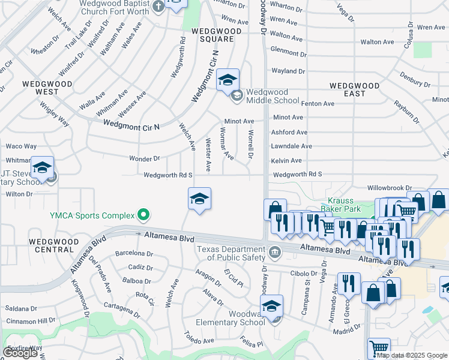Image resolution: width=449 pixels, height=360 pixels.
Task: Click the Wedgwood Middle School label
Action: [x=267, y=96]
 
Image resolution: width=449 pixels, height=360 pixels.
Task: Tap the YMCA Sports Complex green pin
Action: [x=143, y=214]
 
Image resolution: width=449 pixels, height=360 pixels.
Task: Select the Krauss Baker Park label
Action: [x=348, y=205]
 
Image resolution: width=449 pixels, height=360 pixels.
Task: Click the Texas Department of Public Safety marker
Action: [x=276, y=251]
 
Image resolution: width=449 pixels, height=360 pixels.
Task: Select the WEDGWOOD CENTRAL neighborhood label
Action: [x=54, y=245]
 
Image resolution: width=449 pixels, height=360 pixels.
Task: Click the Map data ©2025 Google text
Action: [x=412, y=355]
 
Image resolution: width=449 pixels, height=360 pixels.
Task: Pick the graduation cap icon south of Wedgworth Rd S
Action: [x=199, y=198]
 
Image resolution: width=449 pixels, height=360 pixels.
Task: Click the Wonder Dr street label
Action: [x=145, y=159]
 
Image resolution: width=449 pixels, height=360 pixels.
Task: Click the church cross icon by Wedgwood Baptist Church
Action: [x=158, y=7]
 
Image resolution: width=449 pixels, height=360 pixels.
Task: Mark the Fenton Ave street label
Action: [x=318, y=104]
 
